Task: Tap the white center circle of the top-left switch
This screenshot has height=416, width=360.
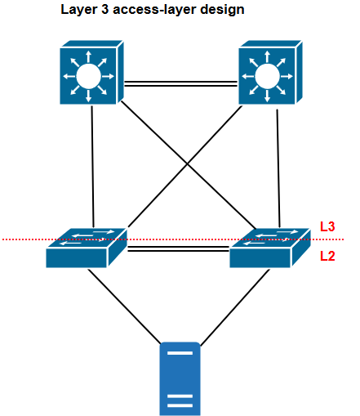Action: coord(87,78)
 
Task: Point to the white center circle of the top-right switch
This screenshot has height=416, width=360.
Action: coord(265,78)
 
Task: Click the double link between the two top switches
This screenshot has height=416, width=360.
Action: coord(180,82)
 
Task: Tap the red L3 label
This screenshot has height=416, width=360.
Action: coord(327,226)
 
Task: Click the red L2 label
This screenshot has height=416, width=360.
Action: coord(327,256)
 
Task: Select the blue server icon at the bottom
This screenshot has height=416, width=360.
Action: coord(179,378)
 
